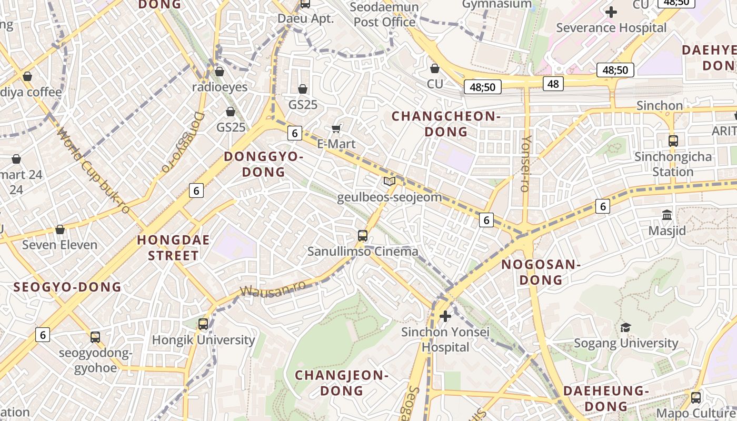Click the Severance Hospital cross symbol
[611, 12]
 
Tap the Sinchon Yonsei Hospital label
[445, 339]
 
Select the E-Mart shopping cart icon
[336, 129]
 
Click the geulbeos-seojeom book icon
[389, 182]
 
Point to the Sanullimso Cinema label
[363, 252]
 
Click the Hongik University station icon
[203, 324]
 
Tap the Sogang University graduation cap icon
[625, 327]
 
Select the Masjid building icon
[667, 215]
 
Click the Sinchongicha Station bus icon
[673, 141]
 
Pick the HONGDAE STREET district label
[173, 248]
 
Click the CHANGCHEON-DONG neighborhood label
[446, 124]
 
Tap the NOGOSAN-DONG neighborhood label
[541, 272]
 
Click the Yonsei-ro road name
[526, 163]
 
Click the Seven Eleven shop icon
[60, 229]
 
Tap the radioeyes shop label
[220, 87]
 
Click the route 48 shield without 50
[553, 83]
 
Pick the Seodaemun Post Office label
[384, 15]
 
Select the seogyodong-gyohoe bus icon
[95, 337]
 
